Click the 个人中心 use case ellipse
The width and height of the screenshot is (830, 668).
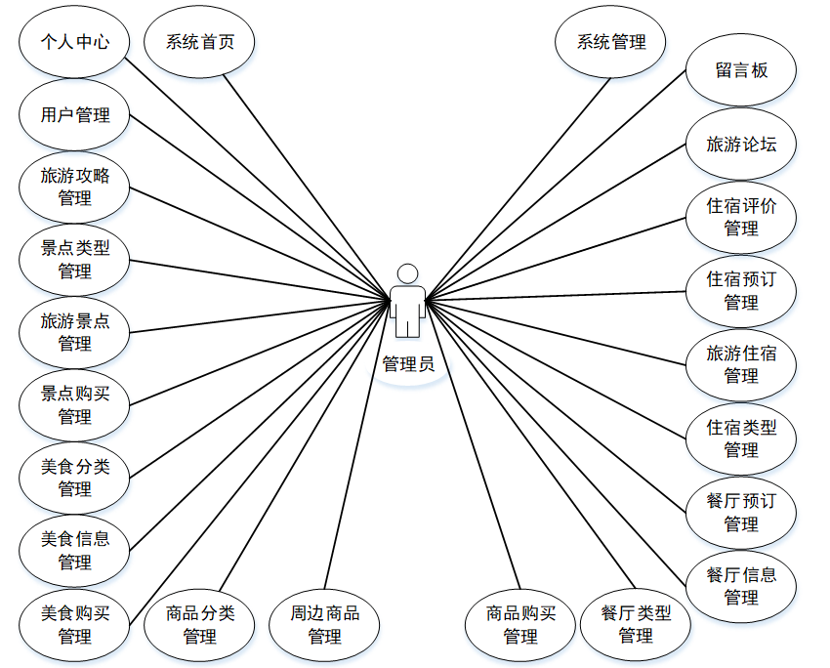click(74, 42)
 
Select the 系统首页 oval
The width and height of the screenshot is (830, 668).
click(200, 42)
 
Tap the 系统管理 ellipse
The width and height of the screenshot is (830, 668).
click(611, 42)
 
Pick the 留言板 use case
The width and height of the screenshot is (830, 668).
click(741, 70)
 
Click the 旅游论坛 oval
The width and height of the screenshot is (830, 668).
click(741, 145)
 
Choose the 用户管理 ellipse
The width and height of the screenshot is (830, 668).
click(74, 115)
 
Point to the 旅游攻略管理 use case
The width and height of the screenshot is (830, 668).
click(74, 188)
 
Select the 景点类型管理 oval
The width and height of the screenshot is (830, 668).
click(74, 260)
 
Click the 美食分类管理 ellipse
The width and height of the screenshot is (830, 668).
click(74, 479)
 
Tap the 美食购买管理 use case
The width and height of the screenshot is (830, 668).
click(74, 625)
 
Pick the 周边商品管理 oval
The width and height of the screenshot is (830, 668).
click(324, 625)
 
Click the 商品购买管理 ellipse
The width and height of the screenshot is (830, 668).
click(520, 625)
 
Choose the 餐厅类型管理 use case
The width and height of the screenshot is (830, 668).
click(636, 625)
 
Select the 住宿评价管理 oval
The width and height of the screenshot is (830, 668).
click(741, 218)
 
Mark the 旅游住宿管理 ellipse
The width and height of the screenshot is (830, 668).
click(741, 364)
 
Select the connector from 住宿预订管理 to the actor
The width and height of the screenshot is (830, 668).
click(557, 295)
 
